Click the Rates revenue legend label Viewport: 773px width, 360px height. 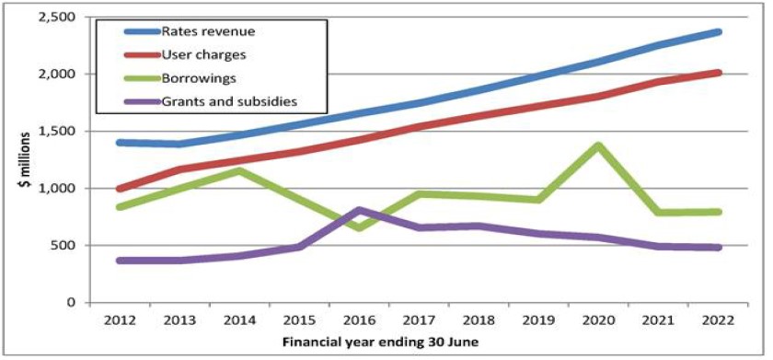point(209,31)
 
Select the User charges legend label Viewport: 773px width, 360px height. point(203,54)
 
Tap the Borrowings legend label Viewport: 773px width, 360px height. point(199,78)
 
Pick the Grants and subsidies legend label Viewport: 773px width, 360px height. point(230,101)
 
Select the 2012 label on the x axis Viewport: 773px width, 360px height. point(120,320)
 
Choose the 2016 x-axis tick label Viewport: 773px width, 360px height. point(359,320)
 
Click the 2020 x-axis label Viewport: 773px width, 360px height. point(598,320)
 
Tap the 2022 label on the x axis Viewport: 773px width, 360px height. point(718,320)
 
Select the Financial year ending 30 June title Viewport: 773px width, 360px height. point(380,343)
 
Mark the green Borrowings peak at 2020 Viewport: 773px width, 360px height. point(598,145)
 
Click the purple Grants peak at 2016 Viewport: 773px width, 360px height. point(360,210)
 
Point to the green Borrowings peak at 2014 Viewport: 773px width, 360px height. point(239,171)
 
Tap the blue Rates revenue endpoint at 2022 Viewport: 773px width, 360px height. point(719,32)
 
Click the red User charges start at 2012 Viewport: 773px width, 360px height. point(120,189)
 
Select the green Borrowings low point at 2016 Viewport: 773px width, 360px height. point(360,227)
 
